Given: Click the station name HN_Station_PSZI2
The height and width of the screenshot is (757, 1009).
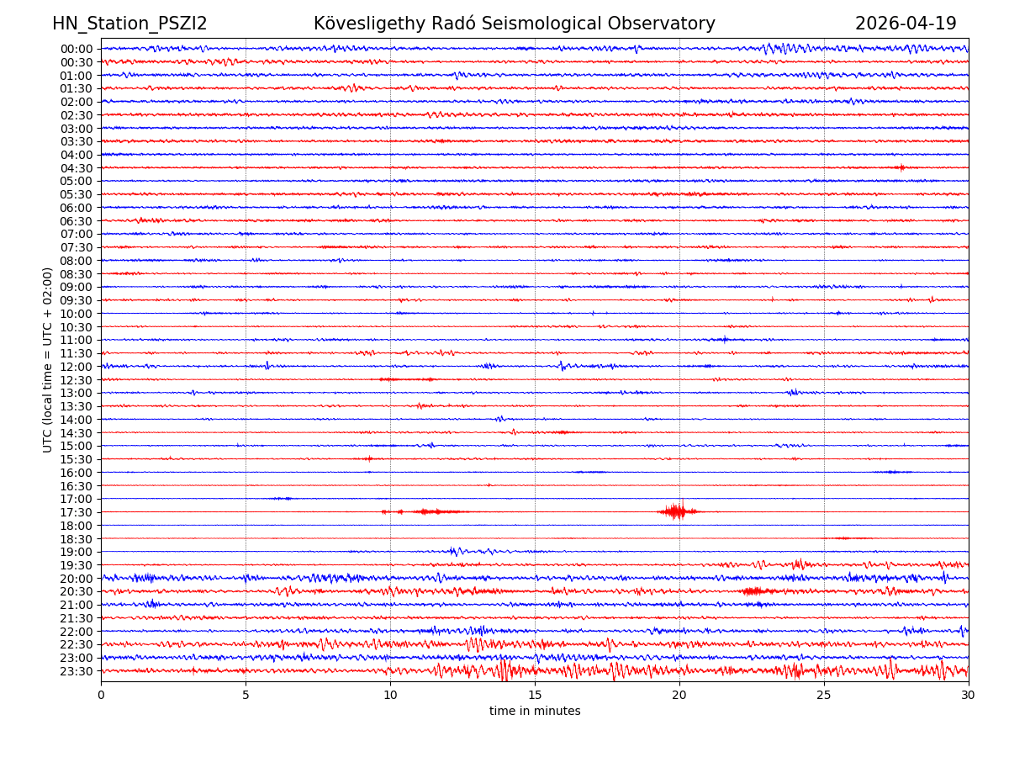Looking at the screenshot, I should [x=129, y=24].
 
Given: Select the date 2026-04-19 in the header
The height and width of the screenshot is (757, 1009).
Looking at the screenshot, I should [x=906, y=24].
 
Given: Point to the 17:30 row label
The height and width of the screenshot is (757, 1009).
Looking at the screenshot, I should [x=76, y=512].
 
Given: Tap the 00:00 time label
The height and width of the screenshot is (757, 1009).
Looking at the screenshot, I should [x=76, y=49].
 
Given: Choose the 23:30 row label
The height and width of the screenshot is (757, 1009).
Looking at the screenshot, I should [x=76, y=671].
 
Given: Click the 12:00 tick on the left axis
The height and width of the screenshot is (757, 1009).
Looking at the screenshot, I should [x=76, y=367].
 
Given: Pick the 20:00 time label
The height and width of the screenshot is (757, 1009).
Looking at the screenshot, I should [x=76, y=579].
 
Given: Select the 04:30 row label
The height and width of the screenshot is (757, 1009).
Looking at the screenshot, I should [x=76, y=168].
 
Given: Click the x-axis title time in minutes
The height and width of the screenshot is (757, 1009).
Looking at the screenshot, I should [x=535, y=711].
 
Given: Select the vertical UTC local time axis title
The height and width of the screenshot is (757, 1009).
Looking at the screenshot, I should [x=48, y=360].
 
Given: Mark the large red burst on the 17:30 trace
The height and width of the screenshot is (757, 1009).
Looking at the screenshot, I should [x=675, y=511].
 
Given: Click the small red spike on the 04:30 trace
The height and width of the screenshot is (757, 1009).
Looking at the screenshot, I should [x=901, y=167].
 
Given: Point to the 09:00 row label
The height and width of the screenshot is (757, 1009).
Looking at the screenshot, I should [x=76, y=287].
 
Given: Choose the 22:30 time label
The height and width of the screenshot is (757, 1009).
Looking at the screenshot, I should [x=76, y=644].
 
